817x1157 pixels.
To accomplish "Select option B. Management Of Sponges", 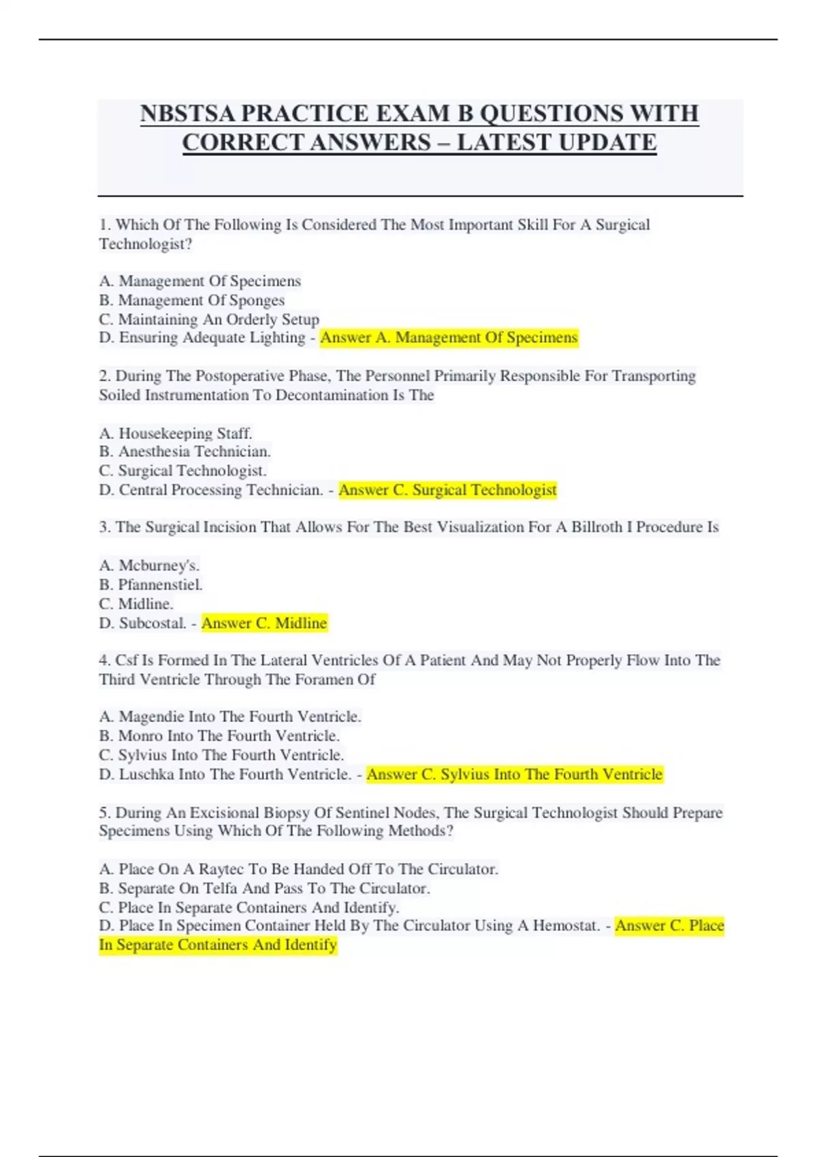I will [x=192, y=300].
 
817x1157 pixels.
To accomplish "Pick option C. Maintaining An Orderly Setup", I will [x=209, y=319].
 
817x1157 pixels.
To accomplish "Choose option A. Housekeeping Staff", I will [x=176, y=433].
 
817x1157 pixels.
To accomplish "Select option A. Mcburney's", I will [x=149, y=565].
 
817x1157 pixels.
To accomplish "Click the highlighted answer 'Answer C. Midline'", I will [x=264, y=623].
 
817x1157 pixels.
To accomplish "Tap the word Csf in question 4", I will [x=127, y=660].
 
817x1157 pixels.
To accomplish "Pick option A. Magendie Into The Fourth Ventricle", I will [x=230, y=716].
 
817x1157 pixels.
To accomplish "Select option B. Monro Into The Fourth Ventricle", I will [x=219, y=736].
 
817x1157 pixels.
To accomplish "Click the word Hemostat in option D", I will [x=565, y=926].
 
